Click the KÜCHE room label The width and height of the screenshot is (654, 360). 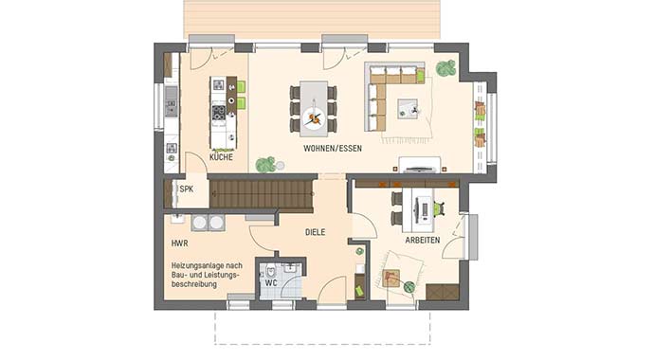pos(221,157)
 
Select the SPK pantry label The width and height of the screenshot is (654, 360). pos(186,189)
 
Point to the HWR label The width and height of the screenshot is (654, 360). pos(179,243)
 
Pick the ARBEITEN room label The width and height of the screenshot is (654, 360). pos(422,241)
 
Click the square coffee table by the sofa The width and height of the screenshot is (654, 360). pos(409,107)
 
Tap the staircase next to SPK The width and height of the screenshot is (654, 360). pos(260,195)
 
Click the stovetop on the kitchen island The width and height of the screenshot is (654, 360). pos(218,114)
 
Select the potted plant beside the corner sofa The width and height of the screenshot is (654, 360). pos(445,68)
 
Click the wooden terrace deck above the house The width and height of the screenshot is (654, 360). pos(313,19)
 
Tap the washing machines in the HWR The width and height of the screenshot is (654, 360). pos(209,223)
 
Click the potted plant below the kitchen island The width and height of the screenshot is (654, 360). pos(266,165)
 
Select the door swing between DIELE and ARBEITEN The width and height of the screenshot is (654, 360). pos(363,225)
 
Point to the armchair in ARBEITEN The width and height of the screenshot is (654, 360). pos(392,278)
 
